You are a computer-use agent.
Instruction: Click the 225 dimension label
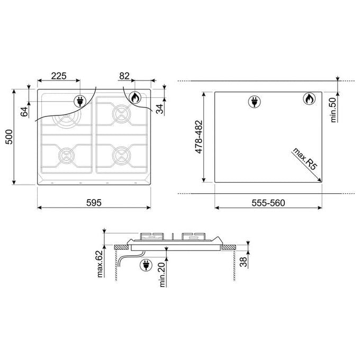pyautogui.click(x=59, y=76)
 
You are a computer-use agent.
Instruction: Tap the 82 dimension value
pyautogui.click(x=124, y=76)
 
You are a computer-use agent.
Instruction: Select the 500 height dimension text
pyautogui.click(x=9, y=137)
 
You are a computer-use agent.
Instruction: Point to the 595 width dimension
pyautogui.click(x=94, y=203)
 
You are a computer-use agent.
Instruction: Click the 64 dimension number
pyautogui.click(x=24, y=112)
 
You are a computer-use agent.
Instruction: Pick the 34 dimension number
pyautogui.click(x=159, y=109)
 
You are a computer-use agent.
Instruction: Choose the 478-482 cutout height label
pyautogui.click(x=199, y=137)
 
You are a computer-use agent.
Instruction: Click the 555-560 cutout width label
pyautogui.click(x=268, y=203)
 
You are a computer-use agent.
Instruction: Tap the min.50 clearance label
pyautogui.click(x=333, y=110)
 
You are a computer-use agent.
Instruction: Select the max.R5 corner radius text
pyautogui.click(x=304, y=159)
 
